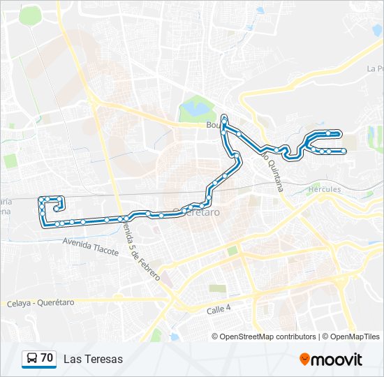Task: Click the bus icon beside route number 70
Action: click(31, 359)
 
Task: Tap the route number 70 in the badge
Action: click(47, 358)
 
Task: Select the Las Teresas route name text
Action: click(93, 360)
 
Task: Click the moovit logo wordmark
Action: click(337, 360)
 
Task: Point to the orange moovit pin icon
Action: click(304, 359)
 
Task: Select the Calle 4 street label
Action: click(219, 309)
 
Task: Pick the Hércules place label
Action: click(325, 189)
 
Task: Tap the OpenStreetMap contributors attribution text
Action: click(267, 337)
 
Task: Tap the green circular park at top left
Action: click(30, 15)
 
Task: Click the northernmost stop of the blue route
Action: click(224, 117)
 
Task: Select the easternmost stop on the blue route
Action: click(344, 151)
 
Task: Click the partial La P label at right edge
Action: click(375, 69)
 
